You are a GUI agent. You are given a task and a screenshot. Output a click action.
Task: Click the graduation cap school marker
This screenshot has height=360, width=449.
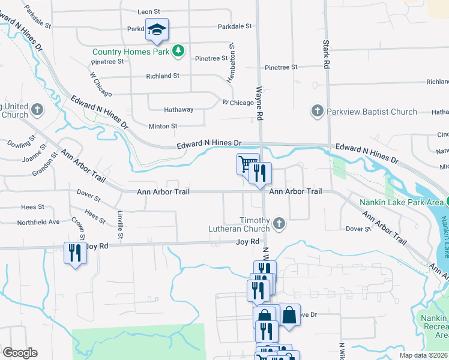click(x=157, y=29)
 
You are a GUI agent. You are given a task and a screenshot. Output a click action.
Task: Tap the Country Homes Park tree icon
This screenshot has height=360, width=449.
click(x=178, y=51)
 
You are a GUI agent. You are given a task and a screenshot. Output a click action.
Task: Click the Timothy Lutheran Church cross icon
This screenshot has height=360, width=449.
click(x=278, y=224)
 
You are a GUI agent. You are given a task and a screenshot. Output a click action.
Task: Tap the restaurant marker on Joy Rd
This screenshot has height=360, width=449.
click(x=74, y=253)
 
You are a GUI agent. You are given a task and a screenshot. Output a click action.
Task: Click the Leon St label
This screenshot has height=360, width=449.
click(x=149, y=11)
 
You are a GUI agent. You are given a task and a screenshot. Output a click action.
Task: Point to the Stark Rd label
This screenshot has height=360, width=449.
click(x=327, y=53)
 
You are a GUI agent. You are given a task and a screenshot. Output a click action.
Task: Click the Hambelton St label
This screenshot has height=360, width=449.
click(x=230, y=62)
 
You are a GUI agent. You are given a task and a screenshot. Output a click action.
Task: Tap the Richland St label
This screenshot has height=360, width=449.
click(x=163, y=76)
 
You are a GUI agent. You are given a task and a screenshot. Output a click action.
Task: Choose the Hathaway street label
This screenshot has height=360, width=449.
click(x=179, y=110)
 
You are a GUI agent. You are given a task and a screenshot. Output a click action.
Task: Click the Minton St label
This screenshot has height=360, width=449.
click(x=163, y=126)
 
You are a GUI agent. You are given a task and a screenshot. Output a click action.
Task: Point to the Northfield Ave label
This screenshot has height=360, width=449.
click(x=38, y=221)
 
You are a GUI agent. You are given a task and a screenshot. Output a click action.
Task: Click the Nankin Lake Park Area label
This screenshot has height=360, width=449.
click(x=401, y=202)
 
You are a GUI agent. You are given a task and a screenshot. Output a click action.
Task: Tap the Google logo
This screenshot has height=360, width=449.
click(x=19, y=353)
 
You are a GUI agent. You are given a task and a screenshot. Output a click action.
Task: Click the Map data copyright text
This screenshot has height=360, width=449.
click(x=424, y=355)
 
